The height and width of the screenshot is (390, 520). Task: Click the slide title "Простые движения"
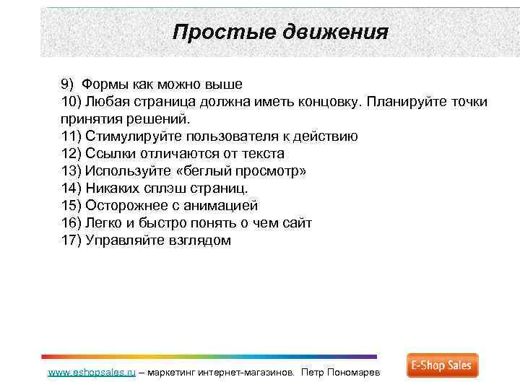click(281, 32)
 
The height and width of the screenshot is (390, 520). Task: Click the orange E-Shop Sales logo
click(442, 365)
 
